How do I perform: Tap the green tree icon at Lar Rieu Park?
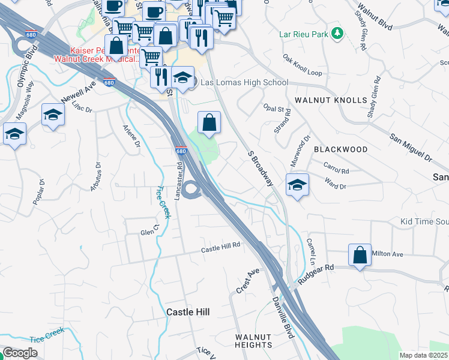338,32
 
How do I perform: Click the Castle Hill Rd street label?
220,245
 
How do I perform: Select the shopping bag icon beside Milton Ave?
360,254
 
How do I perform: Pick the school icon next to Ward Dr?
297,185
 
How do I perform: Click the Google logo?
20,353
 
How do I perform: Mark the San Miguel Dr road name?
411,148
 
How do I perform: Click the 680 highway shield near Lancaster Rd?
181,151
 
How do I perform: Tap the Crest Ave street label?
247,281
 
